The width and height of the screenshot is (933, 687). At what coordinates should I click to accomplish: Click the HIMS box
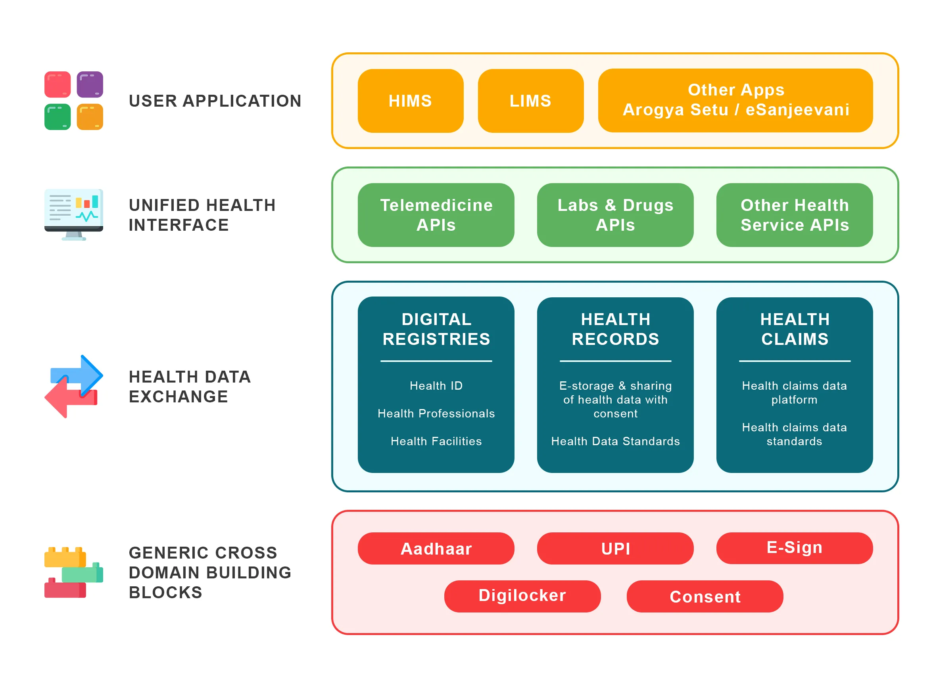(x=410, y=101)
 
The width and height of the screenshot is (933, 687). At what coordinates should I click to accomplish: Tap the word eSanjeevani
(x=797, y=110)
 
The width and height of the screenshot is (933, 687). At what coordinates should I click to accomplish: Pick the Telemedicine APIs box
(x=435, y=214)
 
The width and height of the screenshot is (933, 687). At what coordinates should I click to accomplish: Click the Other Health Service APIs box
(x=794, y=214)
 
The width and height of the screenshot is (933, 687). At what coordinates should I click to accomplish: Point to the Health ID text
(x=436, y=385)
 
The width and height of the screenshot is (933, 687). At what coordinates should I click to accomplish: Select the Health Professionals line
(x=436, y=413)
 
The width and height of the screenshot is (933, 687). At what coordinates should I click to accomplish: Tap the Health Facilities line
(x=436, y=441)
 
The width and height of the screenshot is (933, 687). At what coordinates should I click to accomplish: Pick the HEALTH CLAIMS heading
(x=794, y=329)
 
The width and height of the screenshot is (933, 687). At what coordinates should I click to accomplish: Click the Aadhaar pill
(x=435, y=548)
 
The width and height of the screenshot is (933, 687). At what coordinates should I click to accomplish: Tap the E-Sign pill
(x=794, y=547)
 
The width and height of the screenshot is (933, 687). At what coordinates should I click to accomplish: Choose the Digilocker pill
(x=522, y=595)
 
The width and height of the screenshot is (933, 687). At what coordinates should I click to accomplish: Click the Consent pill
(x=704, y=596)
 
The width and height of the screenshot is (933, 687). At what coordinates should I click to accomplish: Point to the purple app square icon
(x=90, y=84)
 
